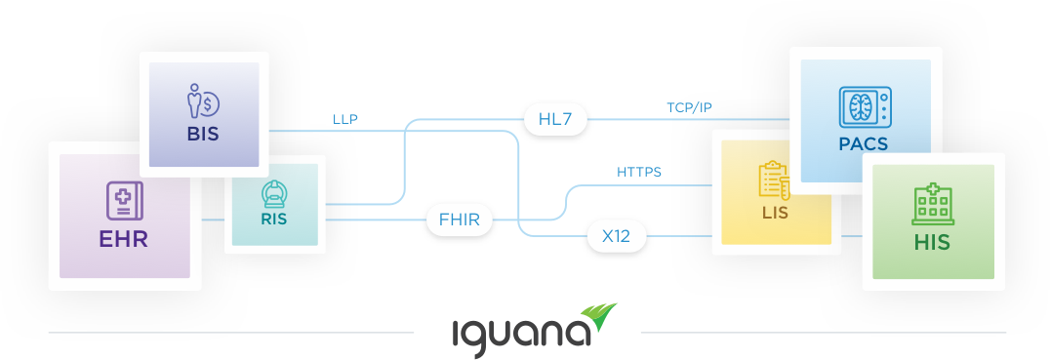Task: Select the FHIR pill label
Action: (x=459, y=220)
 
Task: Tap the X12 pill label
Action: (x=616, y=236)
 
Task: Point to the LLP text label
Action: (x=345, y=120)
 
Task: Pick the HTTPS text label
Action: (x=639, y=173)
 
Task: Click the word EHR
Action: (x=123, y=239)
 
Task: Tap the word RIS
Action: (x=273, y=220)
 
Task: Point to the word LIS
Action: (x=775, y=211)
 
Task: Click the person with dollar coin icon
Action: (x=203, y=101)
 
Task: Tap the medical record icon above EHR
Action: (x=124, y=201)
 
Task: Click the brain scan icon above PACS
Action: (x=867, y=107)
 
